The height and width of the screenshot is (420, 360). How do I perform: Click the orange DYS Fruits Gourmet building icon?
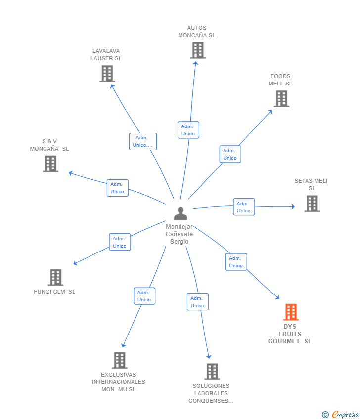click(291, 312)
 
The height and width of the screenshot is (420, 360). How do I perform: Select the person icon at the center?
click(180, 213)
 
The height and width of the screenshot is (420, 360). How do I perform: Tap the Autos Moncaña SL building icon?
click(198, 50)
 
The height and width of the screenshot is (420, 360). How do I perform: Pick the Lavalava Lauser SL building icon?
click(107, 74)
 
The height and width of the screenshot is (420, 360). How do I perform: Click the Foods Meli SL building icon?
click(281, 98)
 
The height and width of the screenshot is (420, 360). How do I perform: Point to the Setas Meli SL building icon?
click(312, 204)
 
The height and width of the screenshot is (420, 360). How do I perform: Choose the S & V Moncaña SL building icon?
click(50, 164)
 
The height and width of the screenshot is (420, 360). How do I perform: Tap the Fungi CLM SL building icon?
click(56, 277)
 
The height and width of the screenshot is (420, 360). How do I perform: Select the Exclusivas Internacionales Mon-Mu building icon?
click(120, 360)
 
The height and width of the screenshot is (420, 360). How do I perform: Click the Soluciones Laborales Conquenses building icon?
click(212, 372)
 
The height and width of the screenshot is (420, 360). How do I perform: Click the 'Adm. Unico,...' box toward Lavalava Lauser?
click(143, 141)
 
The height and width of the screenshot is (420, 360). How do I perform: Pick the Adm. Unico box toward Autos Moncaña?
click(188, 130)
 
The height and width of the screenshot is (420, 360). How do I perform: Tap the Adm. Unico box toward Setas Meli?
click(244, 207)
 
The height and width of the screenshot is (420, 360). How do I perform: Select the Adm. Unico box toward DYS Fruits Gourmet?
click(236, 262)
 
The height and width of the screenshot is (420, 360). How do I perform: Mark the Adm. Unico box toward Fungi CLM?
click(120, 242)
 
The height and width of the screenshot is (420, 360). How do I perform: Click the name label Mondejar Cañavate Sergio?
click(179, 234)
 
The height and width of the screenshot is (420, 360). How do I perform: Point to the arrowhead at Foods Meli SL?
click(270, 112)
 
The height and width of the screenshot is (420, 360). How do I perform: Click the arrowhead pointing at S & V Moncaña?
click(71, 173)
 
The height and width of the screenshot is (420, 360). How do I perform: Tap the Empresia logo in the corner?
click(340, 415)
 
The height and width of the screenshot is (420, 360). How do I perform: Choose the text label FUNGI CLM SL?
click(54, 292)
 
